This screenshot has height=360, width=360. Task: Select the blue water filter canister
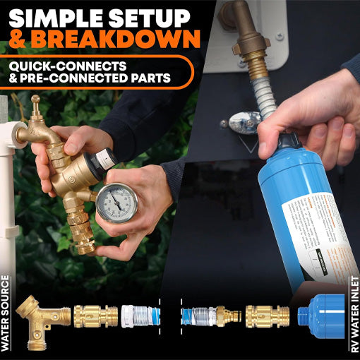click(293, 212)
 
